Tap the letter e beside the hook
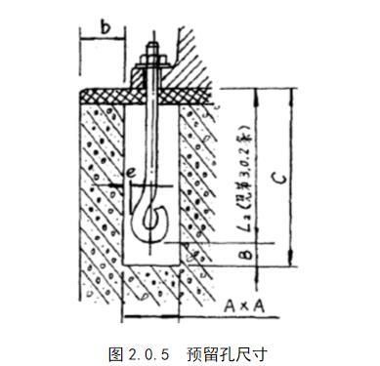click(130, 176)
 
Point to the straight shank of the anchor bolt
click(153, 137)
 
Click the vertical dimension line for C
click(290, 176)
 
